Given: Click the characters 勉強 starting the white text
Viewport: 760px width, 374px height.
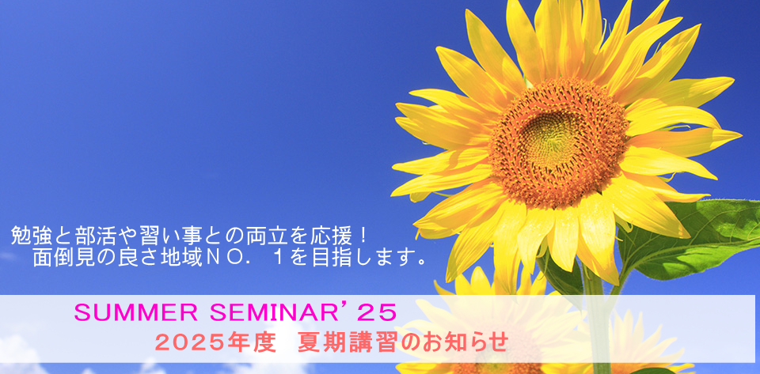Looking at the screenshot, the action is (30, 236).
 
